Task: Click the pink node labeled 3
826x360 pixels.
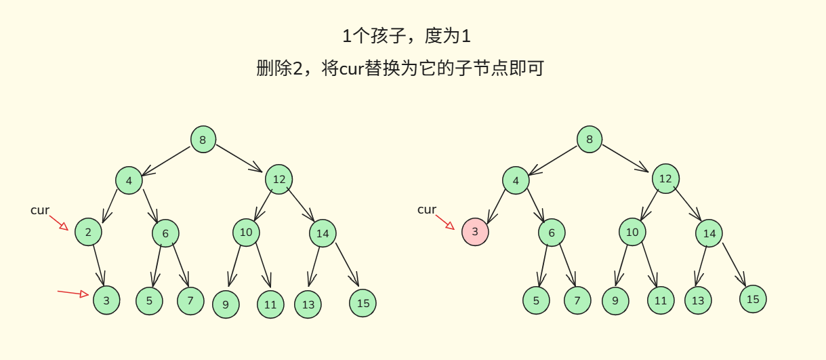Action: [475, 232]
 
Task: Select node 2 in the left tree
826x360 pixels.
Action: [88, 232]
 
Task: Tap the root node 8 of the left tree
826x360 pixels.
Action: [203, 140]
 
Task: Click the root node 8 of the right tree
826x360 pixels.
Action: [590, 140]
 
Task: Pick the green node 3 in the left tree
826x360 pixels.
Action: [106, 300]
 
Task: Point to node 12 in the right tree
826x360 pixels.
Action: [665, 179]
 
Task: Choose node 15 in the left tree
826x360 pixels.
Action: [363, 303]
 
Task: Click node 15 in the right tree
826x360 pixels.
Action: [753, 299]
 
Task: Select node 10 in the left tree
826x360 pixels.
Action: [246, 233]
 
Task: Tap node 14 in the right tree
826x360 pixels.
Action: [709, 233]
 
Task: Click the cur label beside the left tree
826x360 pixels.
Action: [40, 210]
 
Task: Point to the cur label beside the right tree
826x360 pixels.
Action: [427, 209]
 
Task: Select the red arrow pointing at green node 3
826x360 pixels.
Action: [73, 293]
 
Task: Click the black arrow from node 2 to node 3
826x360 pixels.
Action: [99, 265]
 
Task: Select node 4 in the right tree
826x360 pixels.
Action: [516, 181]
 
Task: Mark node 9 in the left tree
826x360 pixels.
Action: [226, 304]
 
